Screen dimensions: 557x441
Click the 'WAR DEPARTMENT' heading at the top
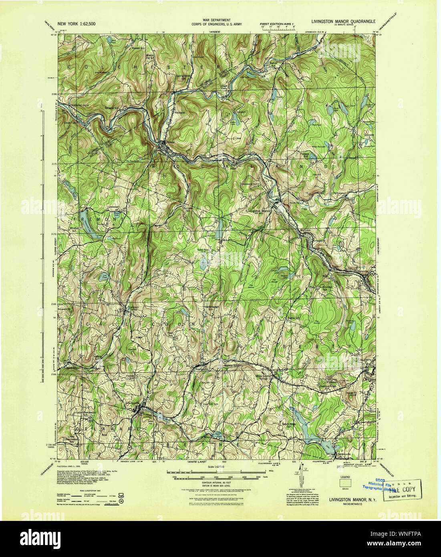click(216, 20)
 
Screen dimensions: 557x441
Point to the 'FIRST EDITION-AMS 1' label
click(277, 24)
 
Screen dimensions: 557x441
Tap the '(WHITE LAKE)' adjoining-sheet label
click(196, 462)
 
